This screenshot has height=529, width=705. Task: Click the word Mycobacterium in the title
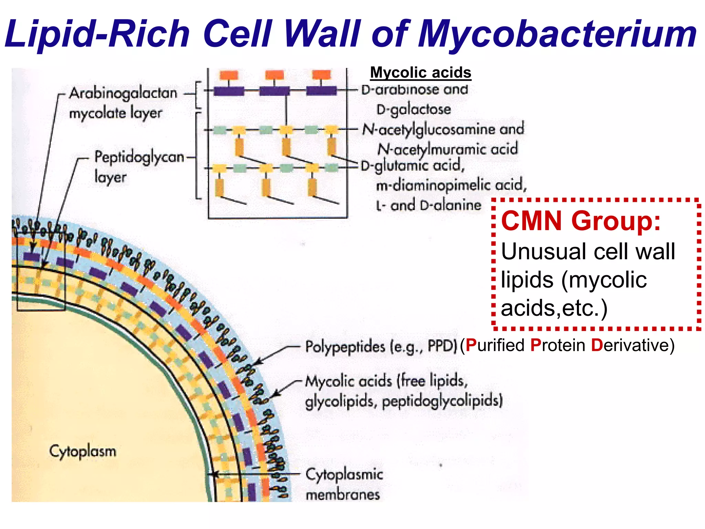pos(557,34)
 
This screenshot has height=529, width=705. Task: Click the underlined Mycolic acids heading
pos(420,73)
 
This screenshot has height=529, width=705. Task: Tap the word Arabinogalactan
pos(123,93)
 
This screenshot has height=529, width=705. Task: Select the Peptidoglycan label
pos(139,157)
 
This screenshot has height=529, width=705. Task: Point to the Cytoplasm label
pos(83,451)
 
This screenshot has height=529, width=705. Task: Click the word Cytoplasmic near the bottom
pos(344,475)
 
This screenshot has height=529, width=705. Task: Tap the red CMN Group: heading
pos(581,221)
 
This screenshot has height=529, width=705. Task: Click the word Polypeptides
pos(345,346)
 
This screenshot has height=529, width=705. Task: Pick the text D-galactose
pos(413,110)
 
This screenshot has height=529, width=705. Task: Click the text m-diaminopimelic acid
pos(451,186)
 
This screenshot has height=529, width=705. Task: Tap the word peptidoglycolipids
pos(442,401)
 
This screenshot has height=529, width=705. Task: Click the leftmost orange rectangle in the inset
pos(229,75)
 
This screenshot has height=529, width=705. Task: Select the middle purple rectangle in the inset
pos(274,91)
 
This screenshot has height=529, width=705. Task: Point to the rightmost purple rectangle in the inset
pos(322,91)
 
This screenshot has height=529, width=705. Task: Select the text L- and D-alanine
pos(429,206)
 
